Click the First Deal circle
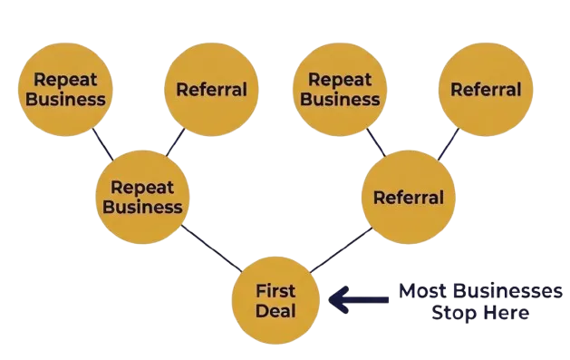275,300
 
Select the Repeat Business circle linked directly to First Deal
142,197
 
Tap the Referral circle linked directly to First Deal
409,197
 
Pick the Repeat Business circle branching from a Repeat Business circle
65,90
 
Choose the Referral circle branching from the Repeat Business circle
211,90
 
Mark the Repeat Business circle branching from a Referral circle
340,90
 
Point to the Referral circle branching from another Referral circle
486,90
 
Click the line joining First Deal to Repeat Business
211,248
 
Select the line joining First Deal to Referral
341,249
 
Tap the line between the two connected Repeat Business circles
103,144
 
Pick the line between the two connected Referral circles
449,144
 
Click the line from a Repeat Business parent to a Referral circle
175,142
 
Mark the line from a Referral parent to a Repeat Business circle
376,142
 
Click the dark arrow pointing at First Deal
359,299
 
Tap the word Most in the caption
422,291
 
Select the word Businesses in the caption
507,291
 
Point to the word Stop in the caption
449,313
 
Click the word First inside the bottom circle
275,291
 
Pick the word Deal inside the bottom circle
275,311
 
